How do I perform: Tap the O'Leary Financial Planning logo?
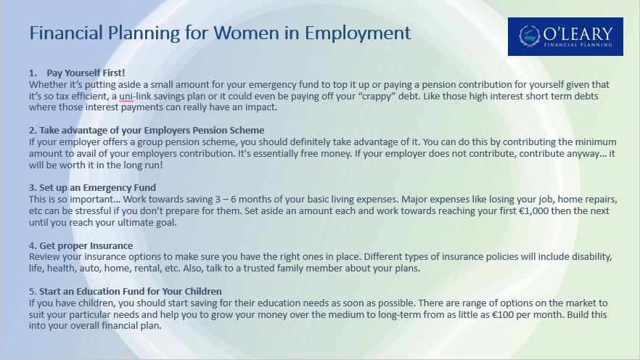point(565,36)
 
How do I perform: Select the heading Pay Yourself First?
point(86,73)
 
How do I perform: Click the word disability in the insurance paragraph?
point(591,257)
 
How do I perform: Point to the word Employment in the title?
point(358,33)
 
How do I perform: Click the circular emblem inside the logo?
point(530,36)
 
